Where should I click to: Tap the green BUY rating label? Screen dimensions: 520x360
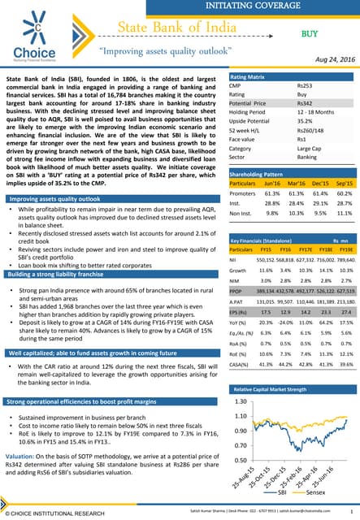click(x=310, y=33)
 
